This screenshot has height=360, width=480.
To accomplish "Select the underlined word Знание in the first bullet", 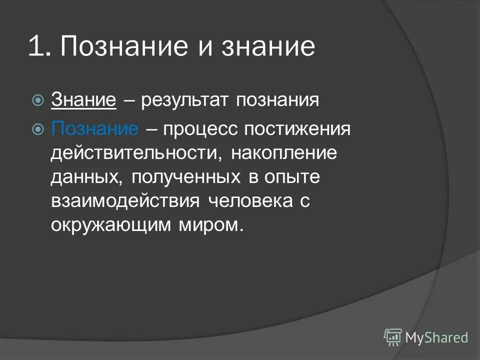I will [83, 100].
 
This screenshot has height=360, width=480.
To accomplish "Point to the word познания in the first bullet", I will [277, 100].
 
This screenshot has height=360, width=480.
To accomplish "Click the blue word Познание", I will [94, 128].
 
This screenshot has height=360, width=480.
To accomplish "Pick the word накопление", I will [284, 152].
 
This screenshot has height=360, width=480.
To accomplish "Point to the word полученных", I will [184, 176].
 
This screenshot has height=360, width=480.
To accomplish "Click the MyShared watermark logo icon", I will [393, 337].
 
